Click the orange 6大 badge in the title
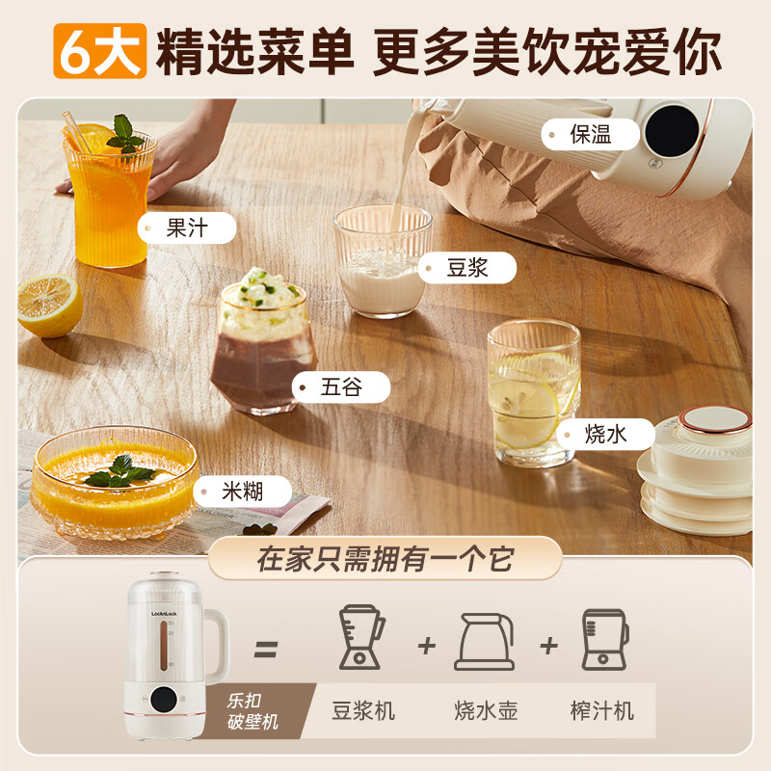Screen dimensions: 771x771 (100, 49)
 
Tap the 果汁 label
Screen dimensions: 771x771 (187, 228)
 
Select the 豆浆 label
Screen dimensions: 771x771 (467, 268)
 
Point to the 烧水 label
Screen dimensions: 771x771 (605, 434)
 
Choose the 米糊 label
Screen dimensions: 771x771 (241, 492)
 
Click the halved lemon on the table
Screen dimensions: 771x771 (49, 304)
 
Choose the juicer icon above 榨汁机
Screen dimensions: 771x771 (603, 638)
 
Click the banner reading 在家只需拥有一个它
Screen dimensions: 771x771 (385, 560)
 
